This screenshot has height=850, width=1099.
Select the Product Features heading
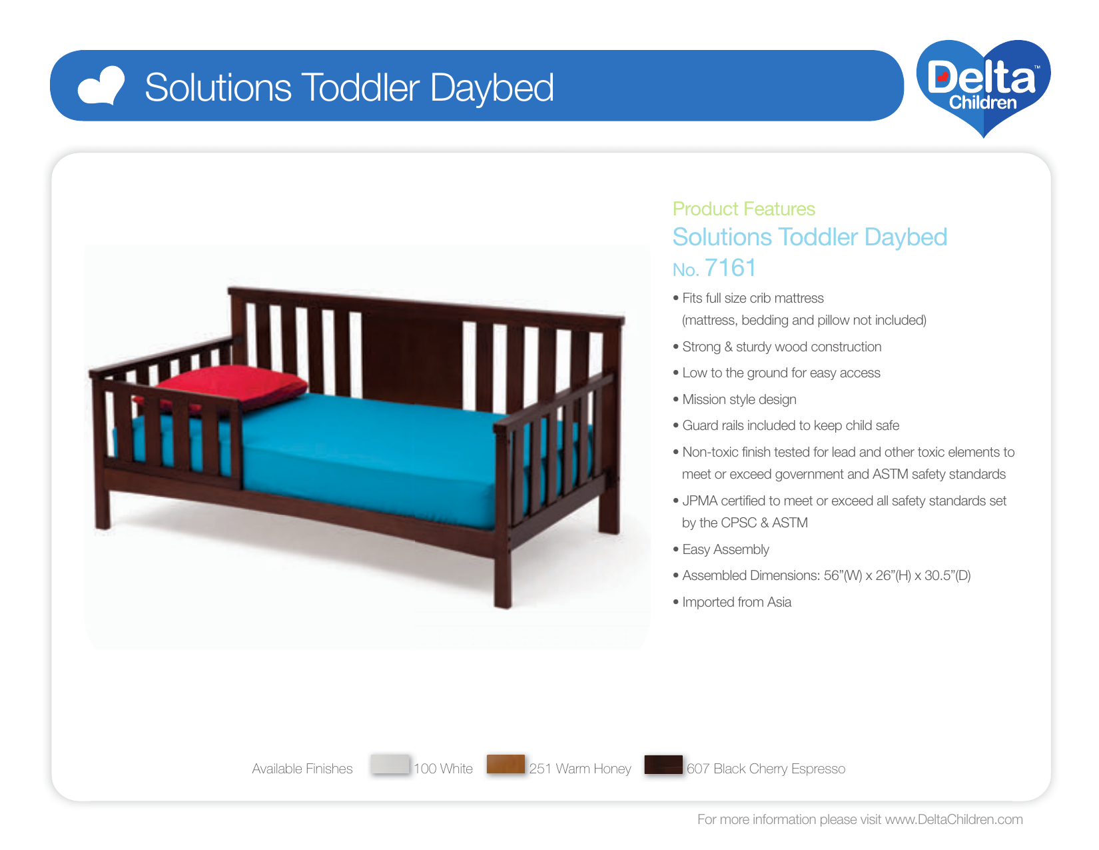pyautogui.click(x=743, y=209)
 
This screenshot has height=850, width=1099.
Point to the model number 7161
pyautogui.click(x=730, y=268)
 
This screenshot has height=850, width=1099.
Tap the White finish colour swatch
pyautogui.click(x=390, y=764)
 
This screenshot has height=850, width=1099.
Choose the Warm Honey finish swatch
pyautogui.click(x=506, y=764)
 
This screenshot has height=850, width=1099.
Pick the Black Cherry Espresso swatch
pyautogui.click(x=663, y=764)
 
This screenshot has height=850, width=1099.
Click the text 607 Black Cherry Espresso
pyautogui.click(x=766, y=769)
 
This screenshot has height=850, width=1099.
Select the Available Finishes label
pyautogui.click(x=302, y=769)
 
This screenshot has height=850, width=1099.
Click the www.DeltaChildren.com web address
pyautogui.click(x=954, y=819)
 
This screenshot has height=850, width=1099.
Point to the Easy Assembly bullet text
pyautogui.click(x=725, y=549)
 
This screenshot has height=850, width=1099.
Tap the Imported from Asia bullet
pyautogui.click(x=737, y=602)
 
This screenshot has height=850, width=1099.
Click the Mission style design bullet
pyautogui.click(x=739, y=399)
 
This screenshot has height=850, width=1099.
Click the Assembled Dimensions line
pyautogui.click(x=826, y=575)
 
